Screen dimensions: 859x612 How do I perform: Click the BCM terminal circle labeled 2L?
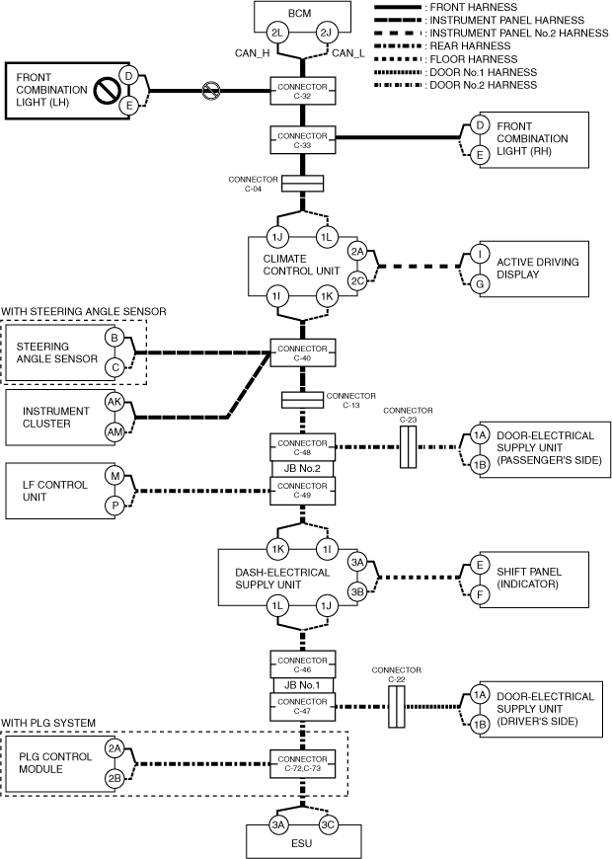(278, 34)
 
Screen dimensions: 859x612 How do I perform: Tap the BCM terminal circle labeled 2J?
(327, 34)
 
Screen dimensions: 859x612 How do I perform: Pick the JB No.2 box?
(302, 469)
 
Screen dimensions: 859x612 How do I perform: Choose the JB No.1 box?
(302, 685)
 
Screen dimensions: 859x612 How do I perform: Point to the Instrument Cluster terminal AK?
(115, 403)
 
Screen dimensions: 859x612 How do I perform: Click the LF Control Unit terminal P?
(115, 506)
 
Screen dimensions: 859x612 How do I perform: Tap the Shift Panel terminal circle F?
(481, 596)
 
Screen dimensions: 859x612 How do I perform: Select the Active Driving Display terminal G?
(481, 283)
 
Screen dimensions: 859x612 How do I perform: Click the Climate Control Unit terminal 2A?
(357, 252)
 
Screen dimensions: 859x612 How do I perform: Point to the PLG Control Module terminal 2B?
(115, 779)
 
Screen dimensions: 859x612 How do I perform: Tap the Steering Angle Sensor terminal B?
(115, 339)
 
